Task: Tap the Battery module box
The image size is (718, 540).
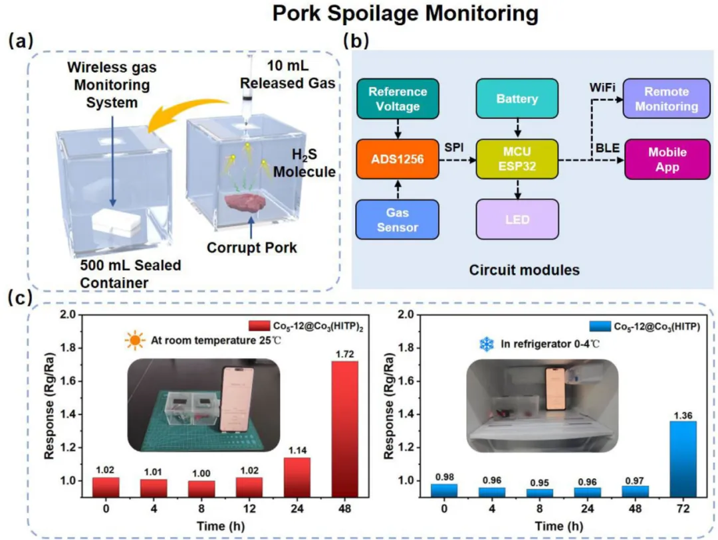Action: click(517, 98)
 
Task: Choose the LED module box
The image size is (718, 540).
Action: click(517, 219)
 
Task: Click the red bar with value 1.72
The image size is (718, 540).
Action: click(344, 428)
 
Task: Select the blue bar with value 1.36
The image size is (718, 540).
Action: click(677, 458)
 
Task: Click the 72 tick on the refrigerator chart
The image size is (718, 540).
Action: click(677, 509)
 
